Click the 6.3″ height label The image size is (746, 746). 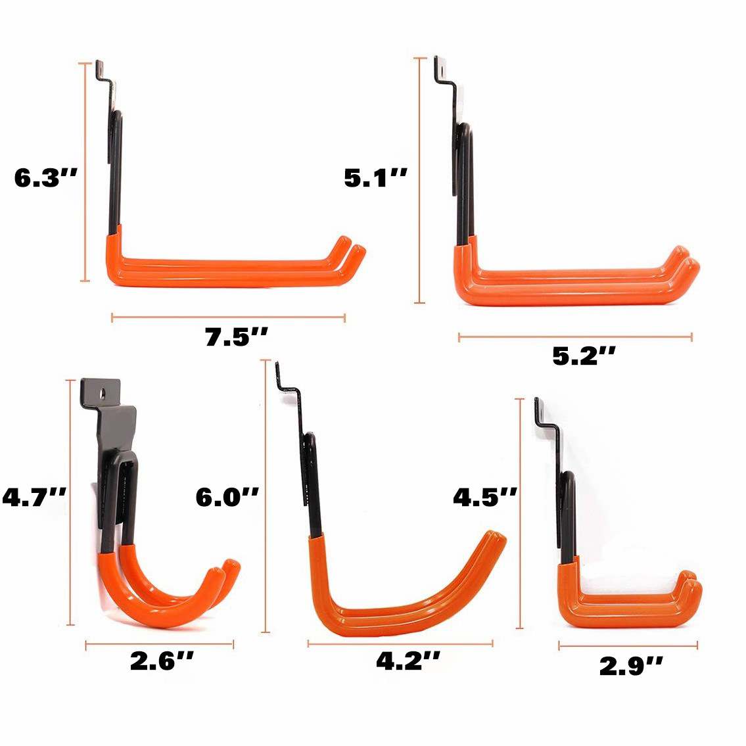[45, 178]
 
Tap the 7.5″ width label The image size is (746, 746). [237, 337]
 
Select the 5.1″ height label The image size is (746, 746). [376, 178]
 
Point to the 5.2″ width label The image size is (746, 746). [584, 356]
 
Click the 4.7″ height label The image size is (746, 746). [34, 497]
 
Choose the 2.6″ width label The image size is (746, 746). [162, 661]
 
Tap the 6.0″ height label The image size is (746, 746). [227, 497]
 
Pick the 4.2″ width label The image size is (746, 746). [408, 661]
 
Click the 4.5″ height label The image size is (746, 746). [485, 497]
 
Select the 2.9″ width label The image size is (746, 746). [631, 666]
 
